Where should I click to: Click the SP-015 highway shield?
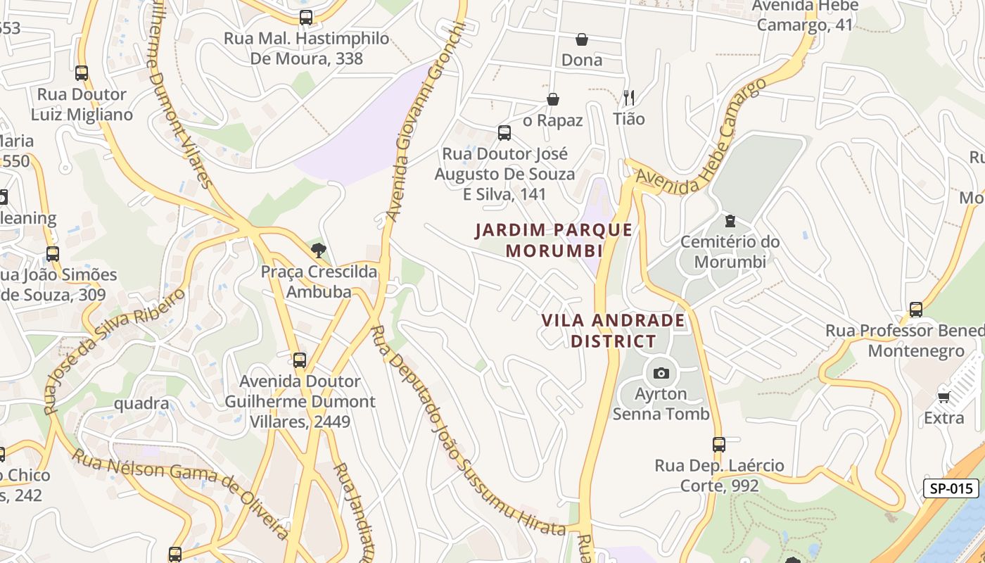[951, 488]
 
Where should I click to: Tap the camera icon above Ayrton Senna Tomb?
[661, 373]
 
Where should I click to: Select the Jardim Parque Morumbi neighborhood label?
[554, 240]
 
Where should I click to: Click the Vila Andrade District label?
[613, 331]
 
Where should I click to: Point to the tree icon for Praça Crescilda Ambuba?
[318, 250]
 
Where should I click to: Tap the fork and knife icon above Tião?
[629, 98]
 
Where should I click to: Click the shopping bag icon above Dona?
[582, 39]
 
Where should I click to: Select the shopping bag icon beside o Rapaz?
[553, 99]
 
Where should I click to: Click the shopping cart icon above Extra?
[944, 398]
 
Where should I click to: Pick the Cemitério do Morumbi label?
[730, 252]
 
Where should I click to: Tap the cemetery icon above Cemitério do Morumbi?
[730, 221]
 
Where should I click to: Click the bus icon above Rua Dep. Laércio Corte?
[718, 445]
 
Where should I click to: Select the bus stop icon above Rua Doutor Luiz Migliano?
[82, 72]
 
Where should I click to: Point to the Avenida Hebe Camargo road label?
[701, 137]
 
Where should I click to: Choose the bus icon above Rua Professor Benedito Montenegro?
[915, 310]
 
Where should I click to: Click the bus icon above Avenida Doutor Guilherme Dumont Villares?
[300, 360]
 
